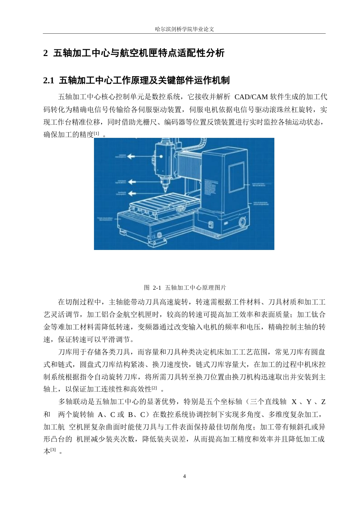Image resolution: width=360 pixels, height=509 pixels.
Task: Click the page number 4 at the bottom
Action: (185, 476)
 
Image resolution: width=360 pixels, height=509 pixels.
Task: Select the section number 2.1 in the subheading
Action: (49, 80)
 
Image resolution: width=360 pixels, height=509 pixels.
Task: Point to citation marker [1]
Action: (97, 134)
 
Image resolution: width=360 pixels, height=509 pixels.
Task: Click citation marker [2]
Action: (154, 388)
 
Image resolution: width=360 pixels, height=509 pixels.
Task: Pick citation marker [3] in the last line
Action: (53, 450)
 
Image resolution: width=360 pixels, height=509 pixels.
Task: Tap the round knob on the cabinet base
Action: (241, 222)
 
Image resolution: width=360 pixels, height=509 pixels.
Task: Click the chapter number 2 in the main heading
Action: (46, 53)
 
